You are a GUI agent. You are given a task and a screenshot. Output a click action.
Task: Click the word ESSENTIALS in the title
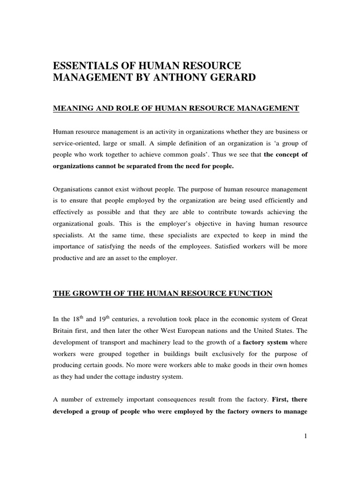click(x=88, y=66)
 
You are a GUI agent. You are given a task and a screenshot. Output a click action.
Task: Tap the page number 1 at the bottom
click(x=306, y=436)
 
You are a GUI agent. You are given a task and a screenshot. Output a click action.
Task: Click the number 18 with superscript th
click(x=73, y=319)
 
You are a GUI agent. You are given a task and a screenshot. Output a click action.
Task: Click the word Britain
click(x=63, y=331)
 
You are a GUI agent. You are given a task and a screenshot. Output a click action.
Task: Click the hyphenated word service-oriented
click(x=76, y=143)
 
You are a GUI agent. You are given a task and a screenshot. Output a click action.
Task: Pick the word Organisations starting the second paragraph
click(x=74, y=189)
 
